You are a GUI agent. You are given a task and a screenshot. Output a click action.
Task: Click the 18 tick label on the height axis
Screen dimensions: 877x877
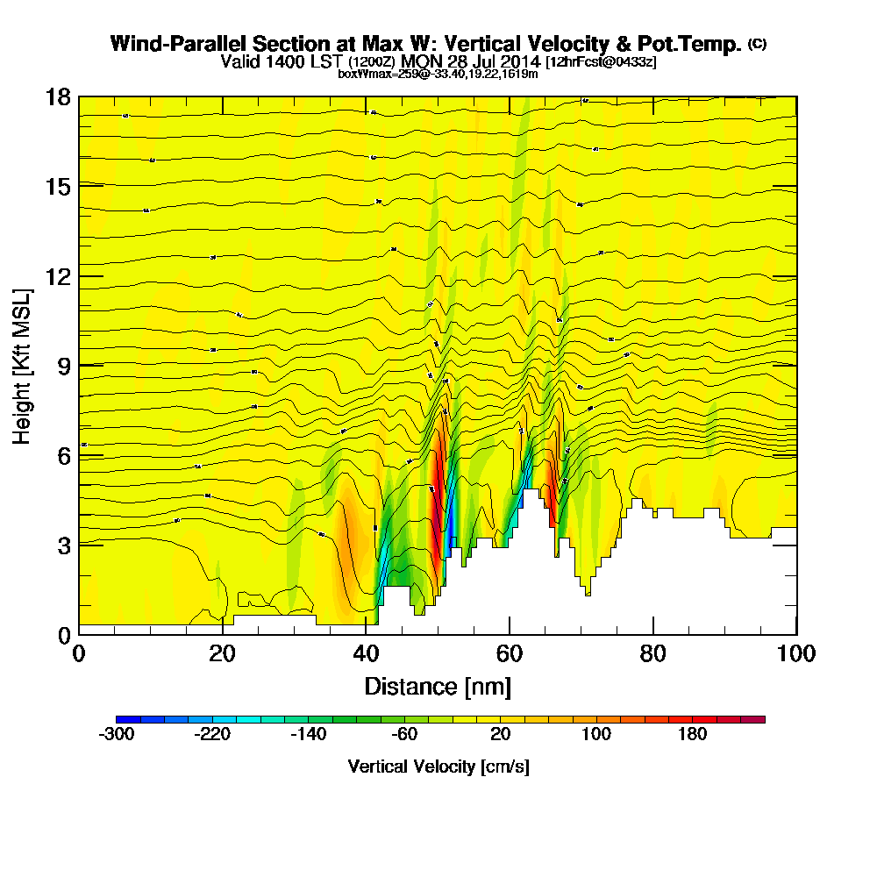coord(58,96)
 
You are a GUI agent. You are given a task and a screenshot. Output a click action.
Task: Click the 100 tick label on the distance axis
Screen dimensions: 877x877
coord(796,654)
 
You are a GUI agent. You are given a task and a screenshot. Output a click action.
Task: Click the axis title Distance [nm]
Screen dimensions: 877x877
coord(438,686)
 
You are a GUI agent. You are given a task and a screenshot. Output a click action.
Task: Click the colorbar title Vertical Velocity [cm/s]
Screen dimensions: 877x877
coord(438,766)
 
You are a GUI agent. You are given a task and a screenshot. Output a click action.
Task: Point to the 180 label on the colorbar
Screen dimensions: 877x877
coord(693,735)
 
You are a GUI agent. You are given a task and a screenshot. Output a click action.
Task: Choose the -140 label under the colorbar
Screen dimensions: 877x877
coord(309,735)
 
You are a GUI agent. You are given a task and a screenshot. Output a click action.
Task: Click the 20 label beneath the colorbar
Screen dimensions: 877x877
coord(501,735)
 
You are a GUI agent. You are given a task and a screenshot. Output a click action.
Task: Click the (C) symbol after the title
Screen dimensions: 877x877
coord(757,44)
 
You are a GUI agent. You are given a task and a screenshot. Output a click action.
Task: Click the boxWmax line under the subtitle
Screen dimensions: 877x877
coord(438,74)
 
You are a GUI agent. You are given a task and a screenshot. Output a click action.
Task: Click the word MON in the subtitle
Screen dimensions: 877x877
coord(424,61)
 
